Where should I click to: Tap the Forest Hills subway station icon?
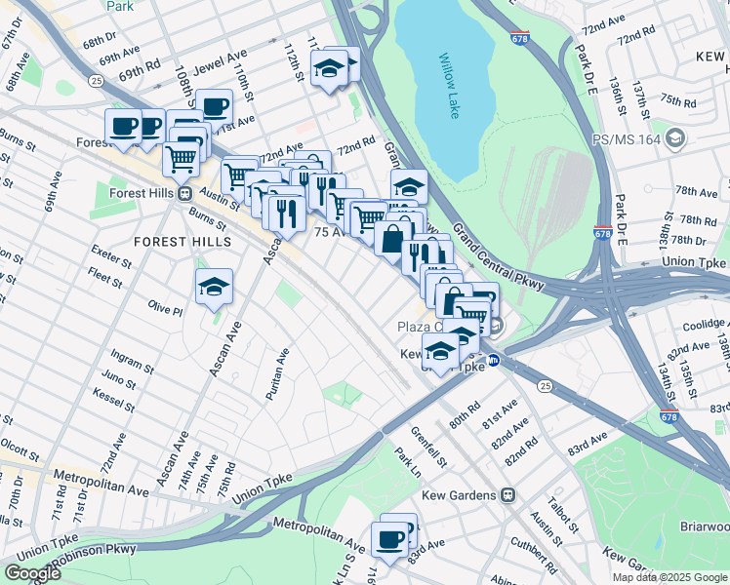click(x=184, y=192)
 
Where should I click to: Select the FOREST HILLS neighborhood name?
click(x=183, y=241)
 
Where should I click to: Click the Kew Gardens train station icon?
click(x=507, y=495)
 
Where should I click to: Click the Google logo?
click(x=32, y=573)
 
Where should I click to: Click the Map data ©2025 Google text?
click(x=669, y=577)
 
